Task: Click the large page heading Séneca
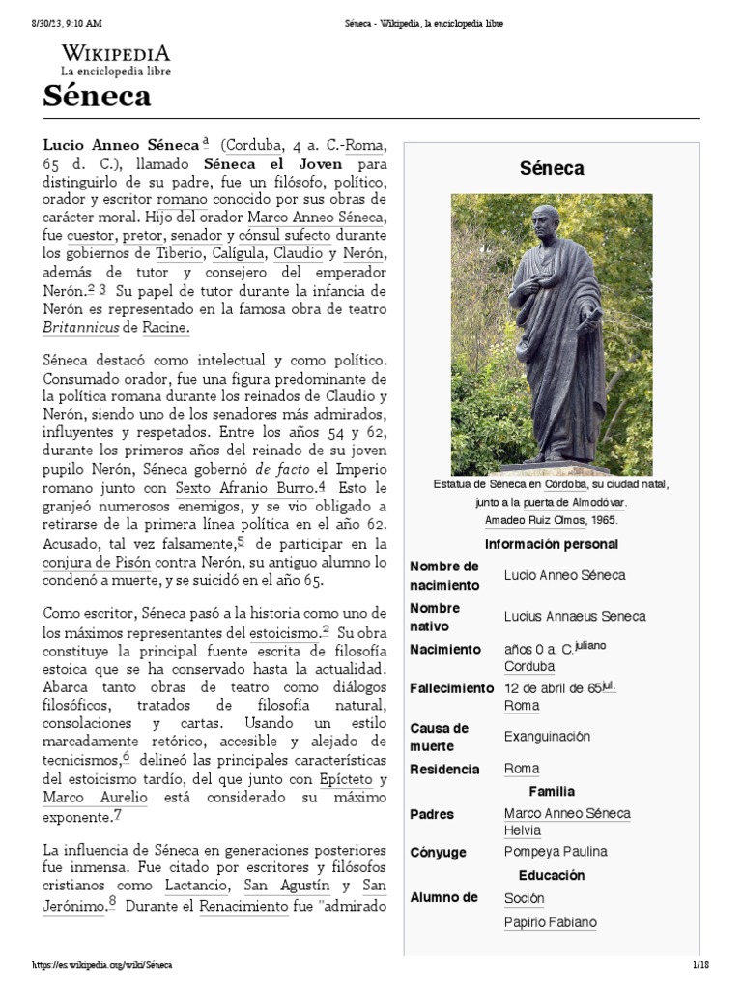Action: click(97, 97)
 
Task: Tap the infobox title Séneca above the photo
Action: click(552, 168)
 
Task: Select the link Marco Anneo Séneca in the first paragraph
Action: click(316, 218)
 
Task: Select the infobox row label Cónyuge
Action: click(438, 853)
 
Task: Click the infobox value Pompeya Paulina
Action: click(556, 853)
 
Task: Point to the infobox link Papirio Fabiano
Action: click(550, 922)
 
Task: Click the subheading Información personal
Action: click(551, 544)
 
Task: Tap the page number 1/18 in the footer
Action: click(700, 966)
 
